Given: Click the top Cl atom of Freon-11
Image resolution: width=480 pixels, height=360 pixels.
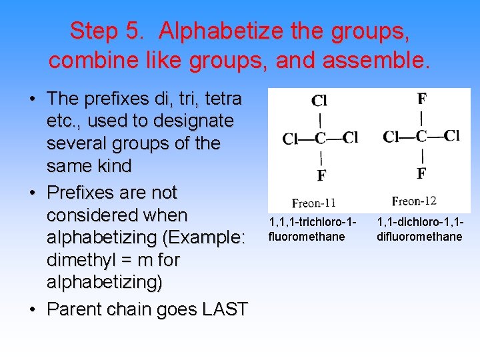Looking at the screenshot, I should [x=319, y=101].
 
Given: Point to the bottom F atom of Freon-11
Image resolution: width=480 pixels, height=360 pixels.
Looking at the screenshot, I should [x=321, y=176].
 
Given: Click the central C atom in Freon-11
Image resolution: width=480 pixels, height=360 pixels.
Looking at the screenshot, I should [x=321, y=139].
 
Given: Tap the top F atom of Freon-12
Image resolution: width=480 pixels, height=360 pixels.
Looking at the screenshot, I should [x=422, y=99].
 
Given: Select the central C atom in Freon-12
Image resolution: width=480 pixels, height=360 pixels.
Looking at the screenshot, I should [x=421, y=137].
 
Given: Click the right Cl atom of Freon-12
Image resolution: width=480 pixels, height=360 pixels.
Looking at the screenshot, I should [x=452, y=136].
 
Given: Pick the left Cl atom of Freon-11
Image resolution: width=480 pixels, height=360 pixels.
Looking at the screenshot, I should [x=291, y=139].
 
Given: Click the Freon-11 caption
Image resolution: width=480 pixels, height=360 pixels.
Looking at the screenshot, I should [x=313, y=203].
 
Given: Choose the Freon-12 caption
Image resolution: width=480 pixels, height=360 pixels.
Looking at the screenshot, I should [x=414, y=201].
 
